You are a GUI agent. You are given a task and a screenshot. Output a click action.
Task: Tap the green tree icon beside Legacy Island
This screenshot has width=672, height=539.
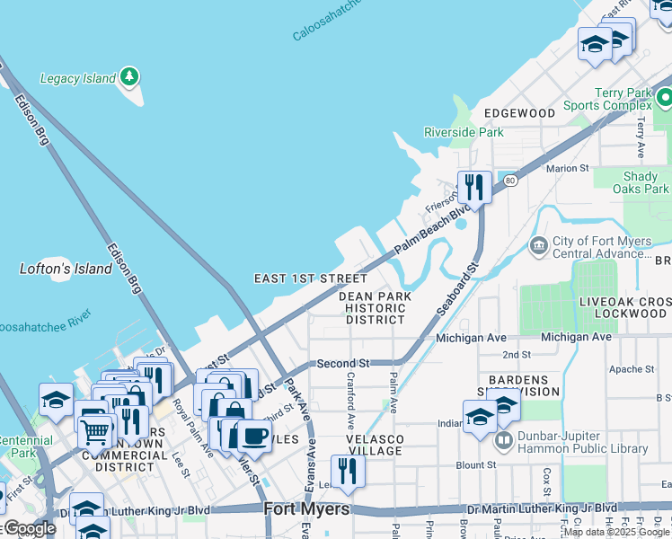click(x=130, y=77)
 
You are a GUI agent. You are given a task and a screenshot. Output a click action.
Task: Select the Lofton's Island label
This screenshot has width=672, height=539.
click(x=66, y=269)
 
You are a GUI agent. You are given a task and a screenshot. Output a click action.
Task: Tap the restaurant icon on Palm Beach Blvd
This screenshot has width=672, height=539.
click(x=474, y=188)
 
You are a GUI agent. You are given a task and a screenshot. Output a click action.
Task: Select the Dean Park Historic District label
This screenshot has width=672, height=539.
click(x=375, y=307)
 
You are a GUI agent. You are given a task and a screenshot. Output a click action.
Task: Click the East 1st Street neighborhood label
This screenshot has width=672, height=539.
click(x=311, y=278)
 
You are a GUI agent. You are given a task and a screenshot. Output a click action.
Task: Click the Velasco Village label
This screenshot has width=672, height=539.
click(x=376, y=444)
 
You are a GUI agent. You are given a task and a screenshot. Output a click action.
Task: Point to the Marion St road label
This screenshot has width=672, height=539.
click(x=567, y=168)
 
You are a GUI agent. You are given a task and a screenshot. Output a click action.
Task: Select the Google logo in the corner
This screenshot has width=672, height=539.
click(x=28, y=529)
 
